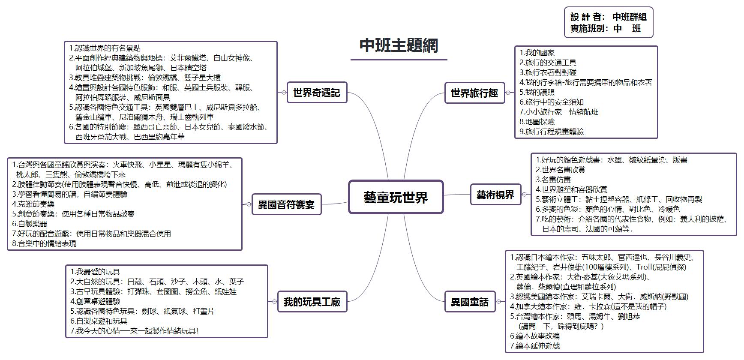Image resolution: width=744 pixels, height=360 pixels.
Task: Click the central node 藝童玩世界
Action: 396,197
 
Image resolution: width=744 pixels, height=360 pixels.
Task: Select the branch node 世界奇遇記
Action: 316,93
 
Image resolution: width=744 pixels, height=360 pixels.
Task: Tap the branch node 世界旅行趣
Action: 474,93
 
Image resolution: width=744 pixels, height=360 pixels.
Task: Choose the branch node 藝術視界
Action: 495,195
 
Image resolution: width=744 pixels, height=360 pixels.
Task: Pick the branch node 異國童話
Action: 469,302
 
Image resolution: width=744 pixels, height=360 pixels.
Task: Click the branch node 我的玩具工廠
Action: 312,302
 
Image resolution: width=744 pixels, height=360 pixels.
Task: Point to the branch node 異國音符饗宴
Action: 286,204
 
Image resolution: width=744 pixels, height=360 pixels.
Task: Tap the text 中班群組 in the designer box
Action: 629,17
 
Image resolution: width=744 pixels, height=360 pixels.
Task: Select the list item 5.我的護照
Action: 537,92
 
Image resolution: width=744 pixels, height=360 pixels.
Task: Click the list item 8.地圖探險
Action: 537,122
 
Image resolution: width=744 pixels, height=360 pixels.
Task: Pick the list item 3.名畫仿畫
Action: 553,180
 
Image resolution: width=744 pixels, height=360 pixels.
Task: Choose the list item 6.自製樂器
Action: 30,224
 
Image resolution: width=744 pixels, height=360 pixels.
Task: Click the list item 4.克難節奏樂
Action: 33,204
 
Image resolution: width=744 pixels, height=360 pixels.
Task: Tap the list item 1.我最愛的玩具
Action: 95,272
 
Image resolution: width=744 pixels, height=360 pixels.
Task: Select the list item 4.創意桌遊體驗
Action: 95,301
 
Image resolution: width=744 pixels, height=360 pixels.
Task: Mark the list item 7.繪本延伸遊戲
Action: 535,346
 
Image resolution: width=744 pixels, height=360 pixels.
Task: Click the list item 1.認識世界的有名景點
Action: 105,48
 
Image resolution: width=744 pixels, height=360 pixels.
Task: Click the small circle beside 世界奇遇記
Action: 284,93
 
